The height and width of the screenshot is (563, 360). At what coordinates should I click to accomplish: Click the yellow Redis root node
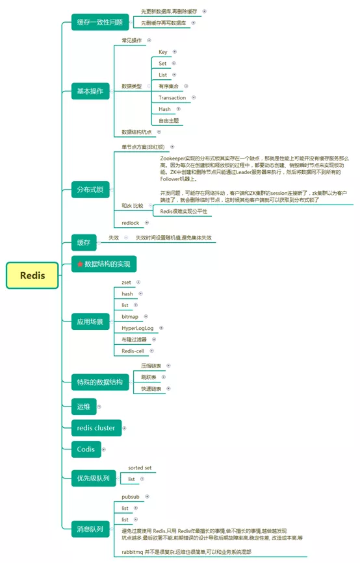pos(32,275)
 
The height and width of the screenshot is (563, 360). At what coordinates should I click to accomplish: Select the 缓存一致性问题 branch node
pos(100,22)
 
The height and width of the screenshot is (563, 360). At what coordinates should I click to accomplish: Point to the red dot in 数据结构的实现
pos(80,264)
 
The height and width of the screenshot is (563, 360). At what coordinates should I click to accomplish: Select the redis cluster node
pos(96,428)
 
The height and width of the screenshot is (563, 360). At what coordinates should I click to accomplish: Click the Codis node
pos(86,449)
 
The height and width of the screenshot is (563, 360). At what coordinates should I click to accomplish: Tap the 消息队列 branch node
pos(90,529)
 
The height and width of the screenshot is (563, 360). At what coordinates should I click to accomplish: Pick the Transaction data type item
pos(172,98)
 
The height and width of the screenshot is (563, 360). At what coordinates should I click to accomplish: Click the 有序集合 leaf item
pos(169,86)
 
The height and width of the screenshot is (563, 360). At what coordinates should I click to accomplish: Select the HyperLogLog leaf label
pos(139,328)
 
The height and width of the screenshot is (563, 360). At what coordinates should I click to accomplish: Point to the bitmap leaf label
pos(130,316)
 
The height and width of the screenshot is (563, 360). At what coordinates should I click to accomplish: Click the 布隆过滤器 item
pos(135,340)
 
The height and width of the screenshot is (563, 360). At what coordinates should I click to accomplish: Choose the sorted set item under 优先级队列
pos(140,468)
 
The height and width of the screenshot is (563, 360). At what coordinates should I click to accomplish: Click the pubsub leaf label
pos(132,496)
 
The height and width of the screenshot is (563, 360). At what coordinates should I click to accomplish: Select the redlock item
pos(131,223)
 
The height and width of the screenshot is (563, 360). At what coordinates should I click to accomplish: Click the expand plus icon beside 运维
pos(99,407)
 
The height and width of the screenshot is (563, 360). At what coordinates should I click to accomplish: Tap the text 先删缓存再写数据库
pos(163,23)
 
